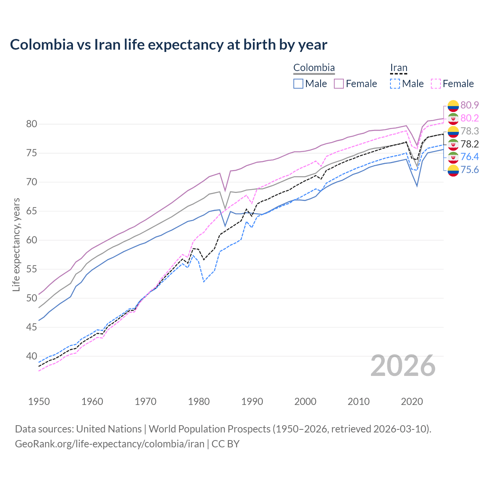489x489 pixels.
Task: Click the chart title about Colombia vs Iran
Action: (x=168, y=45)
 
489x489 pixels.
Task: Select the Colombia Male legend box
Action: (x=298, y=84)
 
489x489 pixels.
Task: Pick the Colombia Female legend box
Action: (x=339, y=84)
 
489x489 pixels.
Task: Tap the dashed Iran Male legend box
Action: (x=395, y=84)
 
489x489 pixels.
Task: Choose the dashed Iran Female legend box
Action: (x=436, y=84)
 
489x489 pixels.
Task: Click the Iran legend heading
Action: (x=398, y=68)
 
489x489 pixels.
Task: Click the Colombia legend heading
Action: (x=314, y=68)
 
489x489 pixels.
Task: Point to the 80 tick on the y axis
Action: (x=31, y=124)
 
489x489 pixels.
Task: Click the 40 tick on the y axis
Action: (x=31, y=356)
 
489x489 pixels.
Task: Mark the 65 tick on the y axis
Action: (x=31, y=211)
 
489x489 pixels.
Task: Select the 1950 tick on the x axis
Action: (x=39, y=402)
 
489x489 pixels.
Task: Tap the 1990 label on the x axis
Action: (x=252, y=402)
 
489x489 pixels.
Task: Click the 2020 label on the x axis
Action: (x=412, y=402)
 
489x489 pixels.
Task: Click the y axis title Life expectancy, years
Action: (x=16, y=244)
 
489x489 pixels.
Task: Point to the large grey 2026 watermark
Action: (x=403, y=366)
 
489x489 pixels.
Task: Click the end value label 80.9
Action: (x=470, y=105)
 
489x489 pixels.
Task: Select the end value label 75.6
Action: (x=470, y=170)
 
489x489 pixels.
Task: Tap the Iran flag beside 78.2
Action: (x=453, y=144)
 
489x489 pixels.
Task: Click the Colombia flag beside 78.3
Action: (x=453, y=131)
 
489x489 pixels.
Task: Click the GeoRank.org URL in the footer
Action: (x=109, y=444)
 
